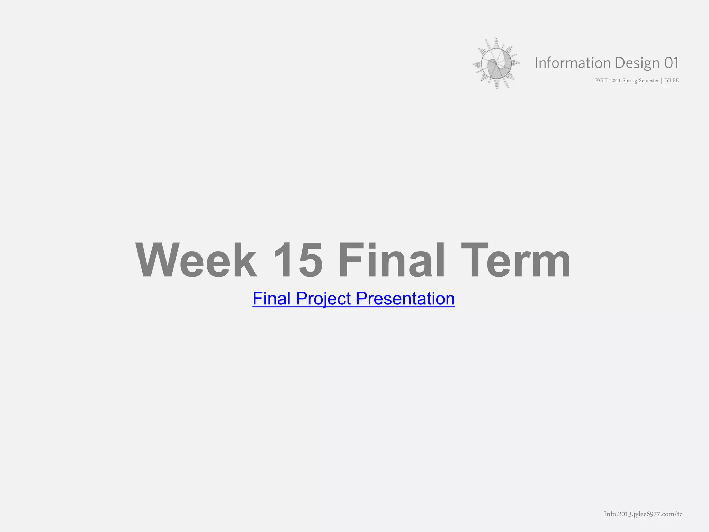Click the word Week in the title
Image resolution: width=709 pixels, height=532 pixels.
point(196,260)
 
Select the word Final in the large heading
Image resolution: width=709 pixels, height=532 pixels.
point(391,260)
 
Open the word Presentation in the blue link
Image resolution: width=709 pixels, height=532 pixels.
point(405,299)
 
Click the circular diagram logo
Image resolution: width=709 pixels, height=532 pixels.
point(496,63)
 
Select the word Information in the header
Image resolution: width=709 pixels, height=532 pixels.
point(572,63)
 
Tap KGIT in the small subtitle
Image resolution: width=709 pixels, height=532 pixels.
point(601,81)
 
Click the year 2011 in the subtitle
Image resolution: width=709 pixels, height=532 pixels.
point(615,81)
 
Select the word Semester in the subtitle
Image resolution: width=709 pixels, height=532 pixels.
point(649,81)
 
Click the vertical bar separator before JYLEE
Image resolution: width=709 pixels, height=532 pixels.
point(661,81)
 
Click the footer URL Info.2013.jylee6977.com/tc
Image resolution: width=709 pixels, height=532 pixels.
point(643,514)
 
